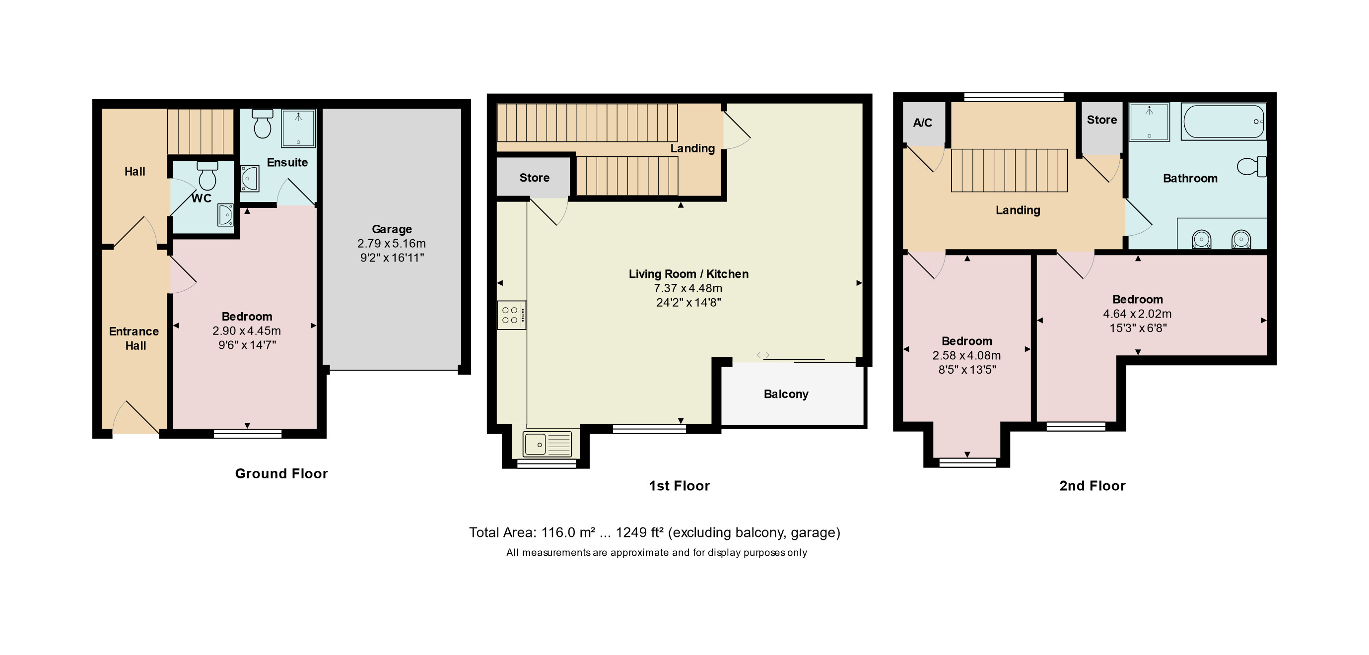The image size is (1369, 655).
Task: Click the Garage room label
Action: tap(392, 229)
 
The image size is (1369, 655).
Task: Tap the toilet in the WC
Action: tap(207, 176)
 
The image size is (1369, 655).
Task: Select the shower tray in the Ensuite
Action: tap(298, 128)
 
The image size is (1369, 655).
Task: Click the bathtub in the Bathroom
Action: tap(1223, 122)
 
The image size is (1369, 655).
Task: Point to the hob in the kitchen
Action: tap(511, 315)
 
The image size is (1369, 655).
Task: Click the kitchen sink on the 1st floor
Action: tap(547, 444)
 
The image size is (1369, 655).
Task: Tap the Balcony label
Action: tap(786, 394)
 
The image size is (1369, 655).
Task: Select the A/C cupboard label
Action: tap(923, 123)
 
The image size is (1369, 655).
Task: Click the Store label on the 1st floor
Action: tap(534, 178)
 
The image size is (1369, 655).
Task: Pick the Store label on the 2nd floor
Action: tap(1101, 120)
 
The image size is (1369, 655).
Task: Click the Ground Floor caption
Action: tap(281, 473)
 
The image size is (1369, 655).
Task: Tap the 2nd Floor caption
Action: tap(1092, 485)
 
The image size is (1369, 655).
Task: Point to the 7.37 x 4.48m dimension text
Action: tap(687, 288)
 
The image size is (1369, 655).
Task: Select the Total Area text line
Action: tap(654, 532)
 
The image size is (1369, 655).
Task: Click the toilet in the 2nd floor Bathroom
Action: tap(1252, 166)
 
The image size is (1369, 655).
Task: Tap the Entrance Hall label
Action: tap(134, 338)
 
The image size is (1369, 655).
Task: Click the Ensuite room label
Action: tap(287, 162)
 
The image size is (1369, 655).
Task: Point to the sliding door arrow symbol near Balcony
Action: tap(763, 355)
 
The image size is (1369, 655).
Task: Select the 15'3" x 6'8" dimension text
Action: tap(1138, 328)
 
